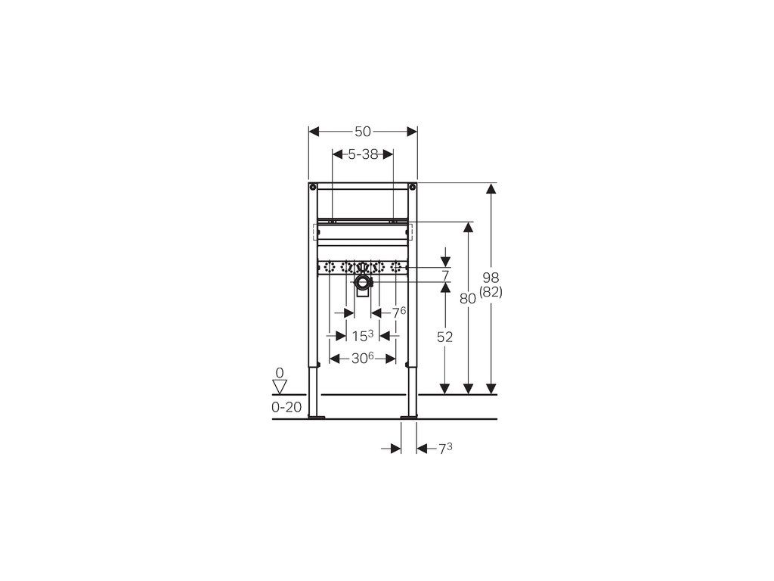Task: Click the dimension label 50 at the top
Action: tap(363, 132)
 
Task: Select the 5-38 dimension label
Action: tap(363, 154)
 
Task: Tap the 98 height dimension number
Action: tap(491, 278)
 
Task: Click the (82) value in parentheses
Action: tap(491, 292)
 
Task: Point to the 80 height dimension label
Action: tap(467, 298)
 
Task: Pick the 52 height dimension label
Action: tap(444, 337)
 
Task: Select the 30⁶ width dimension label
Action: tap(362, 358)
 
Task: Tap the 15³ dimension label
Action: tap(362, 335)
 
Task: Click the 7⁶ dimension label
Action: tap(399, 312)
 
